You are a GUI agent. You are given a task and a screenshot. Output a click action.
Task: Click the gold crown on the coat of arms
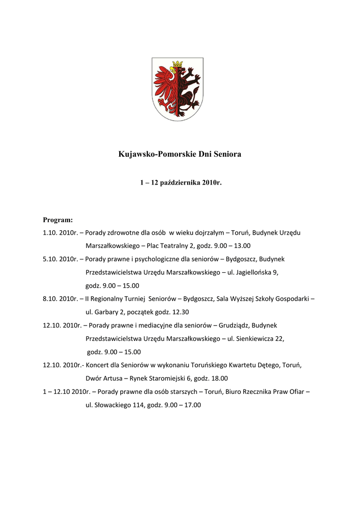177,64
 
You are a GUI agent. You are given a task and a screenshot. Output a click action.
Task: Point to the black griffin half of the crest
189,89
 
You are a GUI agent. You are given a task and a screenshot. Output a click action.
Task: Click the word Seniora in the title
226,154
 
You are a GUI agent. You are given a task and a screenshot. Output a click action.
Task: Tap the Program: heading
58,219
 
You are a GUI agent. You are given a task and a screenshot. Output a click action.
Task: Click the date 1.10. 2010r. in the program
61,233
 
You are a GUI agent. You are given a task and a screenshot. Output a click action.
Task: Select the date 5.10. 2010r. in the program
61,259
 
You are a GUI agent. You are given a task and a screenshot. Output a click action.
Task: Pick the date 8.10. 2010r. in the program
61,299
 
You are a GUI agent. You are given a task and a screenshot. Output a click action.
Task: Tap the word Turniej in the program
133,299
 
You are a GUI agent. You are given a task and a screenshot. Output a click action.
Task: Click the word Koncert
100,365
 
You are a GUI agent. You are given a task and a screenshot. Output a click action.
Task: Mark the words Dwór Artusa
104,379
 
